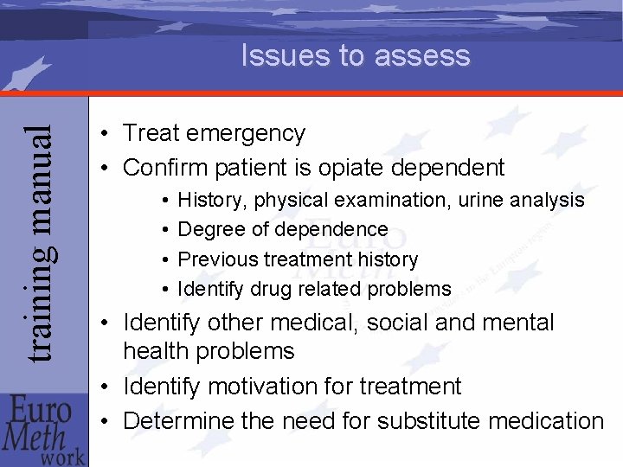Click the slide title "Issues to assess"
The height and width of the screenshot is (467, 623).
355,56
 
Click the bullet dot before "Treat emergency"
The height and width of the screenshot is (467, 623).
103,134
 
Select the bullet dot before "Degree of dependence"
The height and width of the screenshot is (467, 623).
164,230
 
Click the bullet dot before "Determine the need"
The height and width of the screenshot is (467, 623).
103,422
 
